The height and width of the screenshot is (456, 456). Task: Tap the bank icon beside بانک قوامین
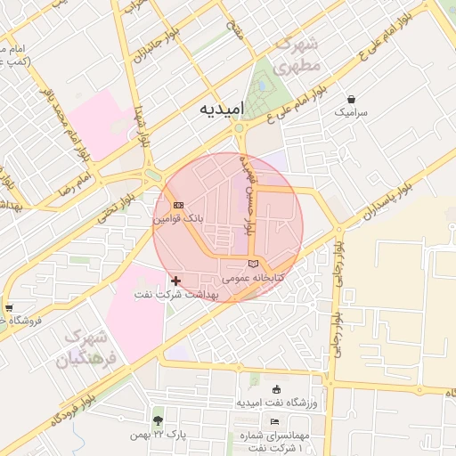[179, 205]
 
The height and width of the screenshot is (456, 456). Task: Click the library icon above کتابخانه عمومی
[254, 264]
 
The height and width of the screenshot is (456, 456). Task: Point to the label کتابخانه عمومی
[254, 278]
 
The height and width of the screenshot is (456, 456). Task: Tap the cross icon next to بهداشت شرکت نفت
[175, 281]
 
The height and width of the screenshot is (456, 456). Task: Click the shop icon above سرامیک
[351, 100]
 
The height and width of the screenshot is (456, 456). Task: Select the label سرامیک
[351, 114]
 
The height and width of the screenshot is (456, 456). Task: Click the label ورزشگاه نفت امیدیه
[276, 403]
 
